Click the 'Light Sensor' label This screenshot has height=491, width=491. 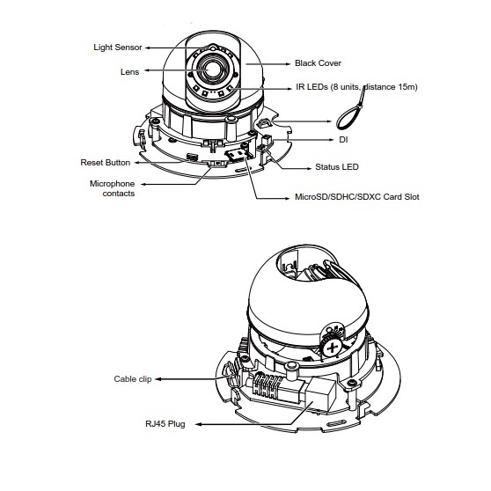(118, 48)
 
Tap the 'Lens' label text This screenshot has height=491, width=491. (129, 71)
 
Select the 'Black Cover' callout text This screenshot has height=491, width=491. (318, 63)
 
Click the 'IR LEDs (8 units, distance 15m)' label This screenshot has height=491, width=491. (356, 87)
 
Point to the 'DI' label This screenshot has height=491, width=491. (343, 140)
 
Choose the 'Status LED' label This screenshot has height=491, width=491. (337, 167)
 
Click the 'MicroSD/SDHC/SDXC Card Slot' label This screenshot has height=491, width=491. (357, 196)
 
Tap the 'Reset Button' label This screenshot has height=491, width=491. (106, 163)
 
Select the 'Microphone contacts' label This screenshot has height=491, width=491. (113, 188)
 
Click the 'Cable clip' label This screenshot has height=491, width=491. (133, 379)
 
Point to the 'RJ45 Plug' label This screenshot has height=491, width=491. (165, 424)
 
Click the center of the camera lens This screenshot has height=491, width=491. (212, 69)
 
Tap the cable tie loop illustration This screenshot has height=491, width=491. (350, 110)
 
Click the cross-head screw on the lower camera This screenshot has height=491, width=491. (333, 348)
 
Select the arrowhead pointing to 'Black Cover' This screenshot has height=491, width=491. (289, 64)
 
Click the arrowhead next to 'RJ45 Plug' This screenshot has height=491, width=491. (199, 425)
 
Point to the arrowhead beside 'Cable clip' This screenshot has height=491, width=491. (158, 379)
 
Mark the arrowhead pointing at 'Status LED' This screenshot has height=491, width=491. (309, 168)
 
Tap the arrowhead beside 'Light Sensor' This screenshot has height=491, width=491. (148, 48)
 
